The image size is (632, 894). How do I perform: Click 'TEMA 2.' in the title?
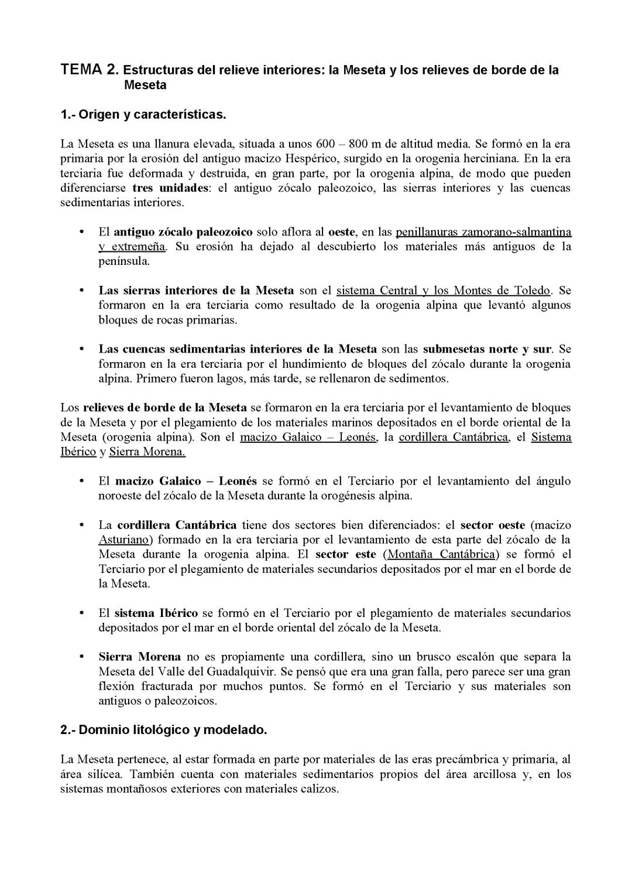point(89,70)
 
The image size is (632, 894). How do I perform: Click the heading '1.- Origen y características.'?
point(143,114)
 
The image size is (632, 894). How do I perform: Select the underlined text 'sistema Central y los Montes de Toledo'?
point(444,291)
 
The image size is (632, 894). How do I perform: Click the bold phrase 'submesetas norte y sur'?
point(487,349)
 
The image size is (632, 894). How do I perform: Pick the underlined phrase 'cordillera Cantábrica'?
point(454,437)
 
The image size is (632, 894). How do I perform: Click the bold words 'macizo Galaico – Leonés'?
point(186,481)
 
